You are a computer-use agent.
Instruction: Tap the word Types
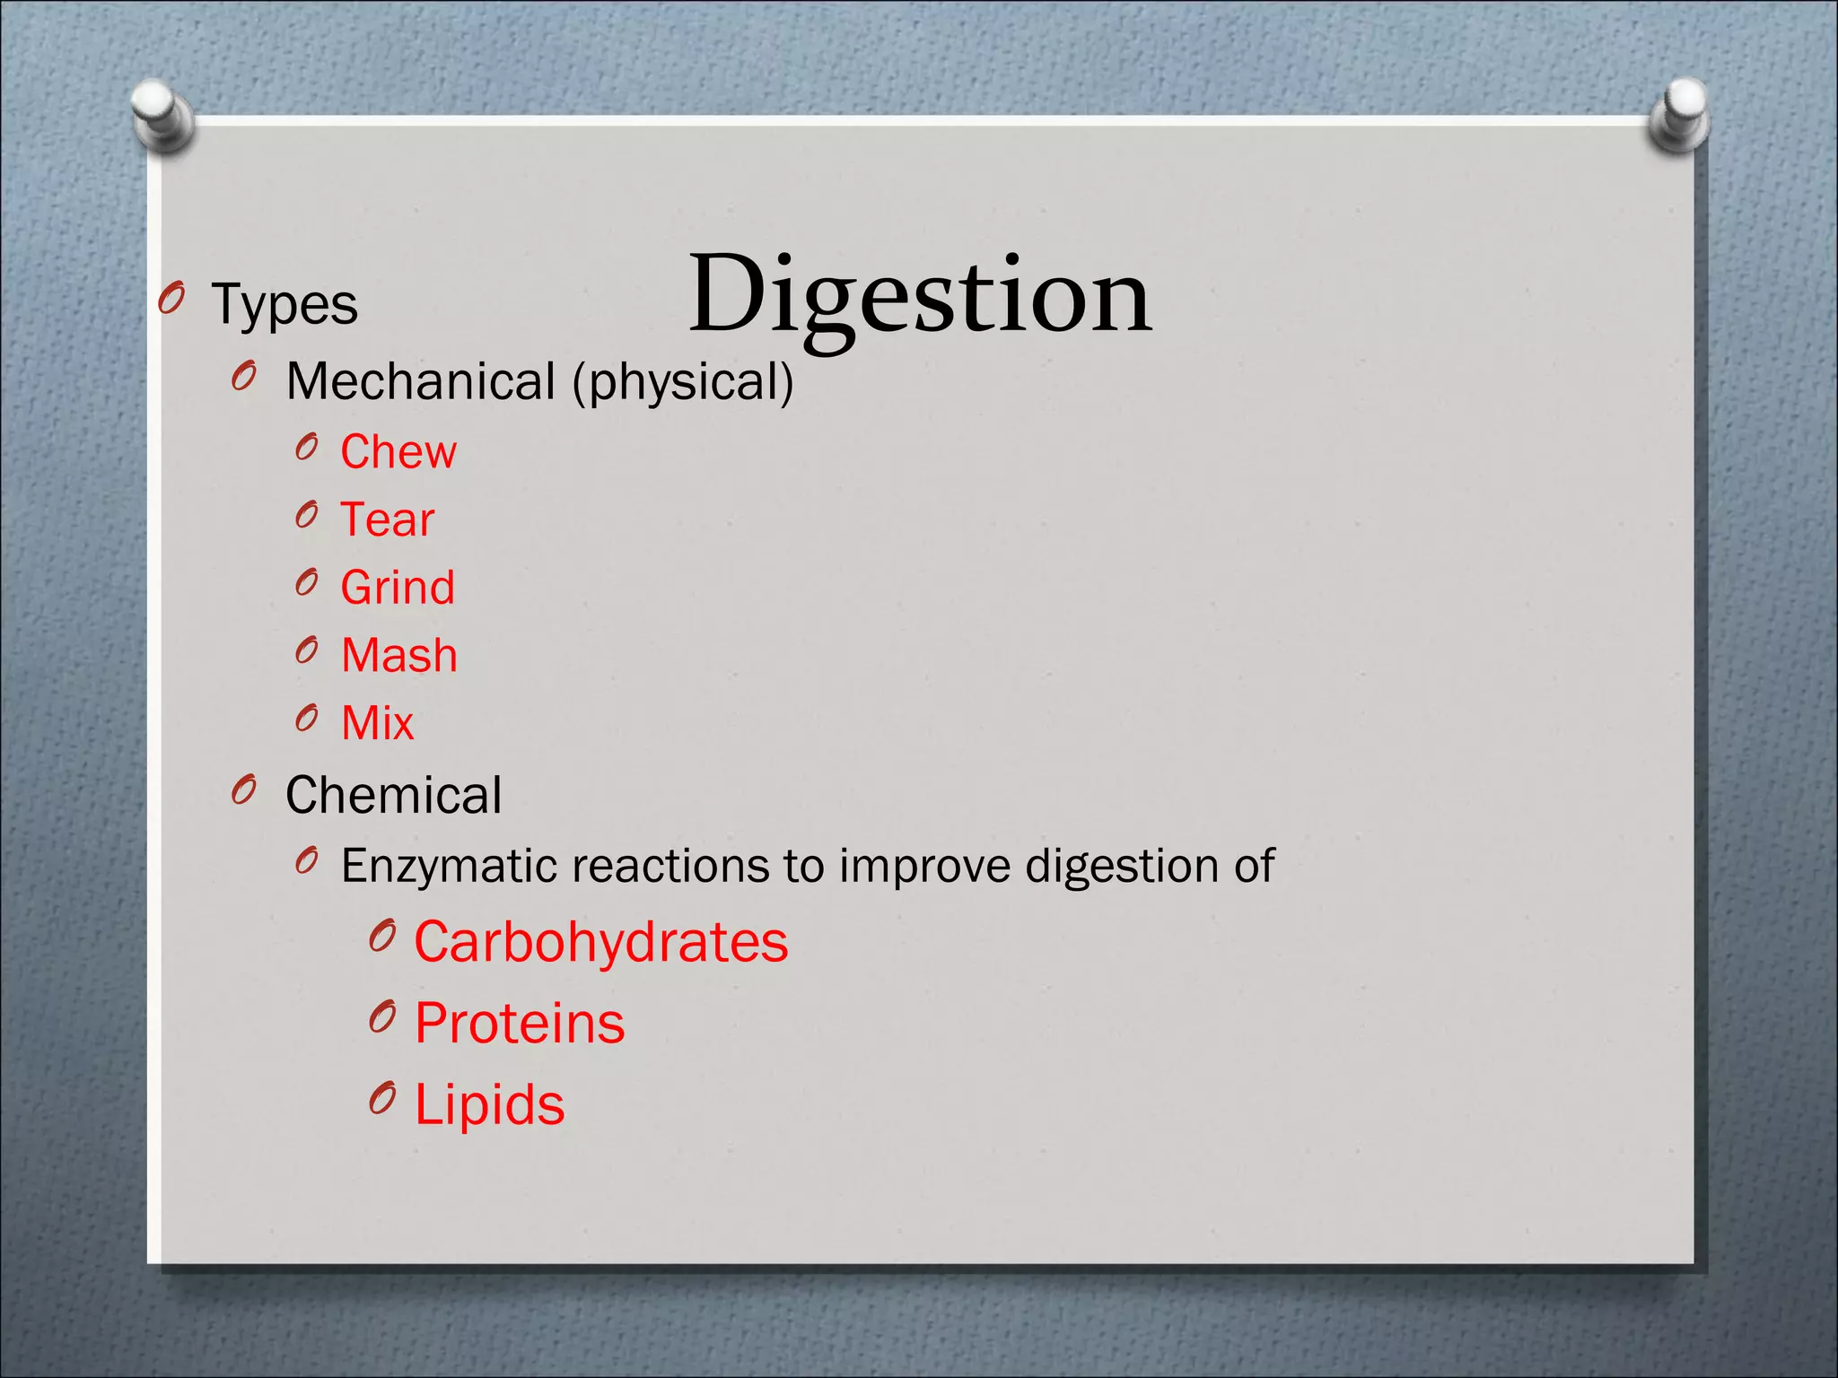(284, 305)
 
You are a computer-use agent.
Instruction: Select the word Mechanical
(420, 381)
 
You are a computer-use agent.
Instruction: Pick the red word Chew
(398, 451)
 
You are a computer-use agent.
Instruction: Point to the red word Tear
(387, 519)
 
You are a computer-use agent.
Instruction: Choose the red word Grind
(398, 588)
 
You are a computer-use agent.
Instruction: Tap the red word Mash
(399, 655)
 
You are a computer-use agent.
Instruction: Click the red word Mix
(378, 723)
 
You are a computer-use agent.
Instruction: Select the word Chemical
(393, 796)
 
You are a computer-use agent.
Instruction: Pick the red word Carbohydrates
(600, 943)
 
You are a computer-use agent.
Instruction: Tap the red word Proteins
(519, 1024)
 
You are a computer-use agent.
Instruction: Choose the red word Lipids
(489, 1104)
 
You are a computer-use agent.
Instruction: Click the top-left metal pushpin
(162, 115)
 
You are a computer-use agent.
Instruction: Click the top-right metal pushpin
(1679, 114)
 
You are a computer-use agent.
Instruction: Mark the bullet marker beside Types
(171, 298)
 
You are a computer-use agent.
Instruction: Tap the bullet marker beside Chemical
(243, 789)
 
